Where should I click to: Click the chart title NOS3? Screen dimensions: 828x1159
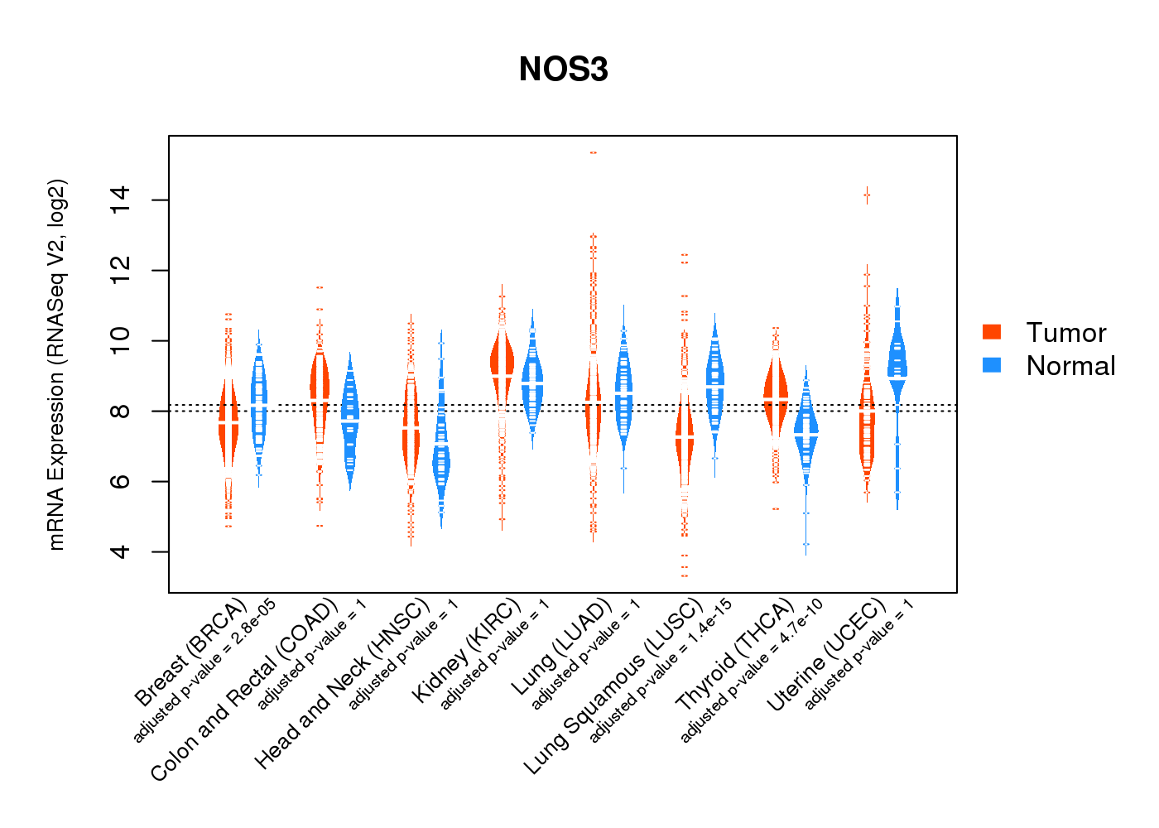563,70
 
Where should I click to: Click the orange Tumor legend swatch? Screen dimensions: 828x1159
992,332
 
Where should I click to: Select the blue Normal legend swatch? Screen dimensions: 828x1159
992,365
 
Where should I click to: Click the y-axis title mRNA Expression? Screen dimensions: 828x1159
56,364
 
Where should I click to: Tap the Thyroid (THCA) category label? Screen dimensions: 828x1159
735,656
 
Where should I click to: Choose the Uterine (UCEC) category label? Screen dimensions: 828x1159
826,656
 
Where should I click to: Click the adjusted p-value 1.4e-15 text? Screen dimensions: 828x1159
661,671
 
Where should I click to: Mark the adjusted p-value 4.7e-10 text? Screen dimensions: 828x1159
752,671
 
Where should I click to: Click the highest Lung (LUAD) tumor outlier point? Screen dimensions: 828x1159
593,152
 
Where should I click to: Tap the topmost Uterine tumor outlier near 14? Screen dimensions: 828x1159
867,195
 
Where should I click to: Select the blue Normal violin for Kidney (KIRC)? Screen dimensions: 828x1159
532,385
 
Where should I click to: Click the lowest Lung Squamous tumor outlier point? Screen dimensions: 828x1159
684,575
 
